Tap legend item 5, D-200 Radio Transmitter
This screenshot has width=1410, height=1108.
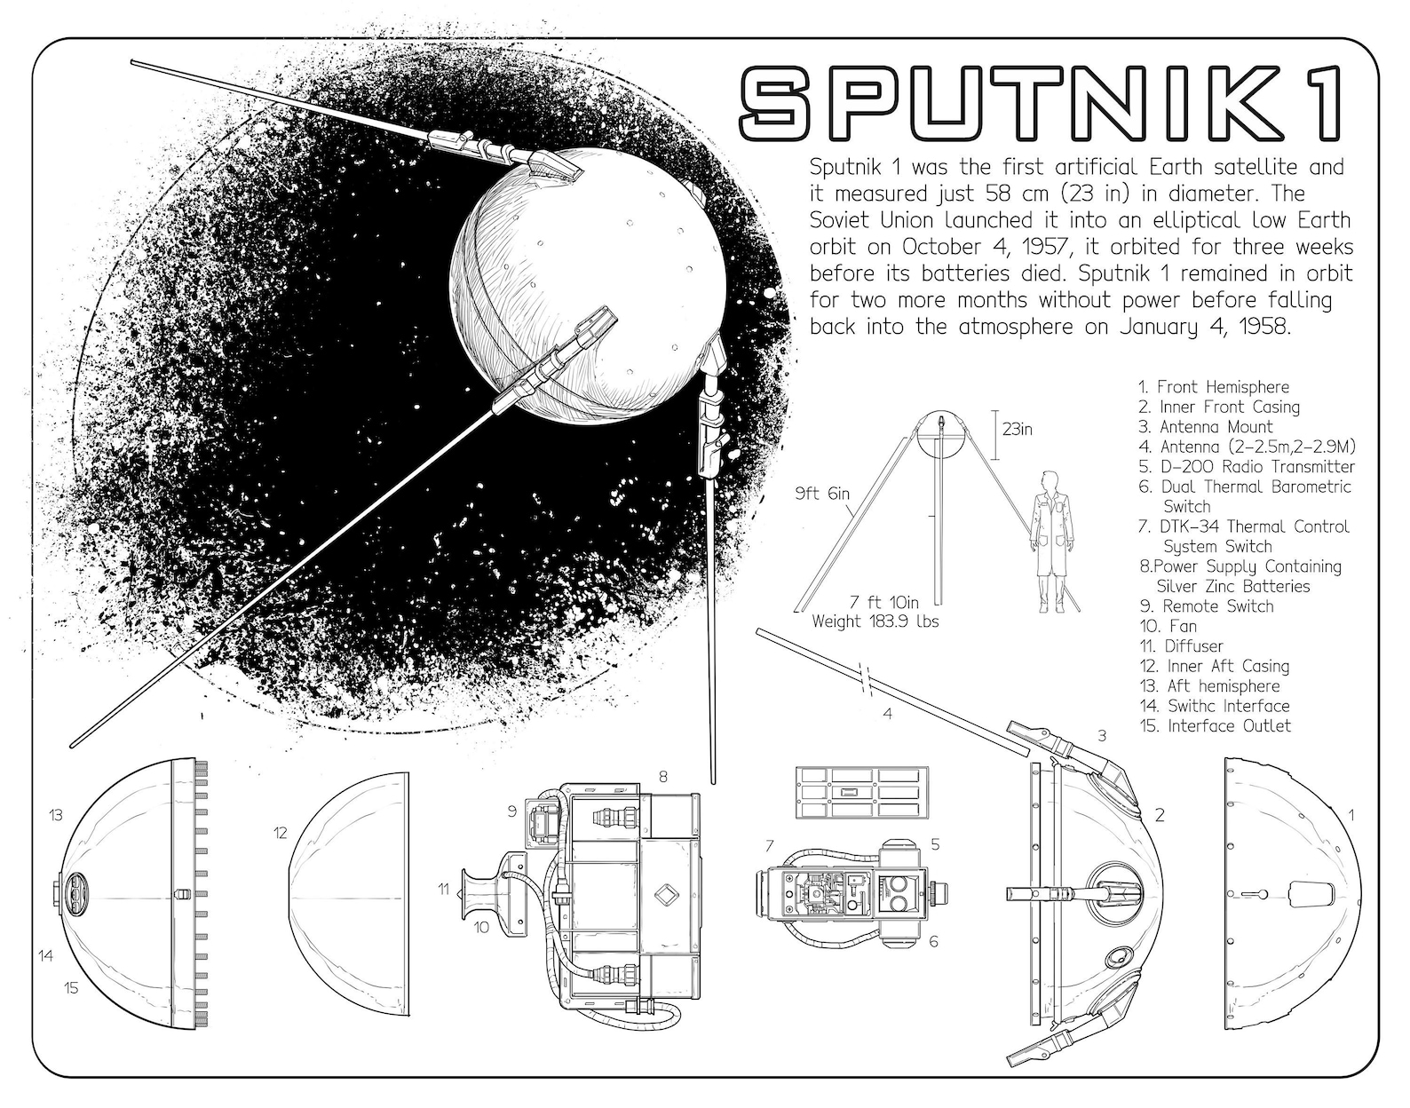[1247, 467]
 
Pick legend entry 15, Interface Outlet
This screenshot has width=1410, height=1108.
[1215, 726]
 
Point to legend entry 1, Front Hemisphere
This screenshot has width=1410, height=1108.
[1213, 387]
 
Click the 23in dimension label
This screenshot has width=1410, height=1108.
[1017, 430]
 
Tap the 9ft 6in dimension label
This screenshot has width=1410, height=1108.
[821, 494]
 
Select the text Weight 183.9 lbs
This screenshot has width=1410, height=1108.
[875, 622]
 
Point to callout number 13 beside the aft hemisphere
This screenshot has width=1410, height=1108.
[55, 815]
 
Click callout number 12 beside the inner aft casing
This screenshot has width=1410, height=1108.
[281, 833]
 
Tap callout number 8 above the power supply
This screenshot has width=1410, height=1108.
[662, 777]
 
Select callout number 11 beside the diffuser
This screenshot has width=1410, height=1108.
[443, 888]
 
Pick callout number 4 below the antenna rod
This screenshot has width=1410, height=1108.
[886, 713]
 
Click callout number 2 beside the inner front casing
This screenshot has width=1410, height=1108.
[1159, 816]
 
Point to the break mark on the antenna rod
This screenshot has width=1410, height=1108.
[864, 677]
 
